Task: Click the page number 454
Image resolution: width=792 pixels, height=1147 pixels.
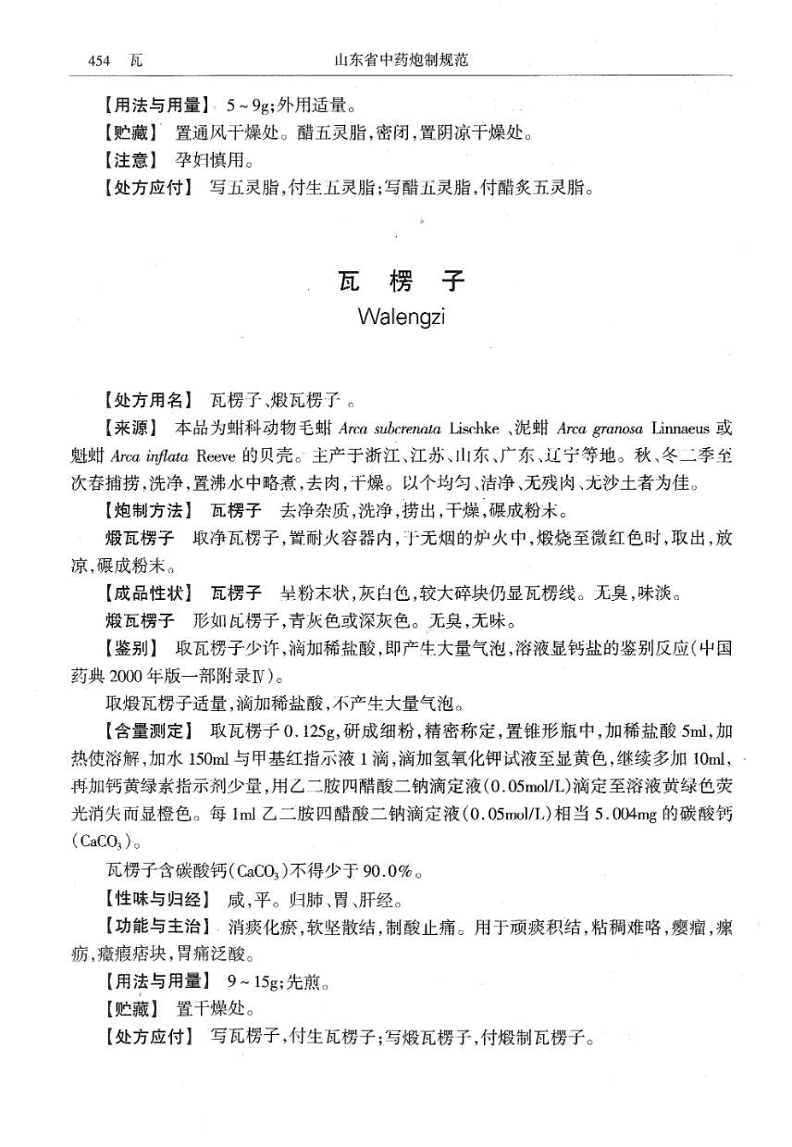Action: [x=99, y=60]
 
